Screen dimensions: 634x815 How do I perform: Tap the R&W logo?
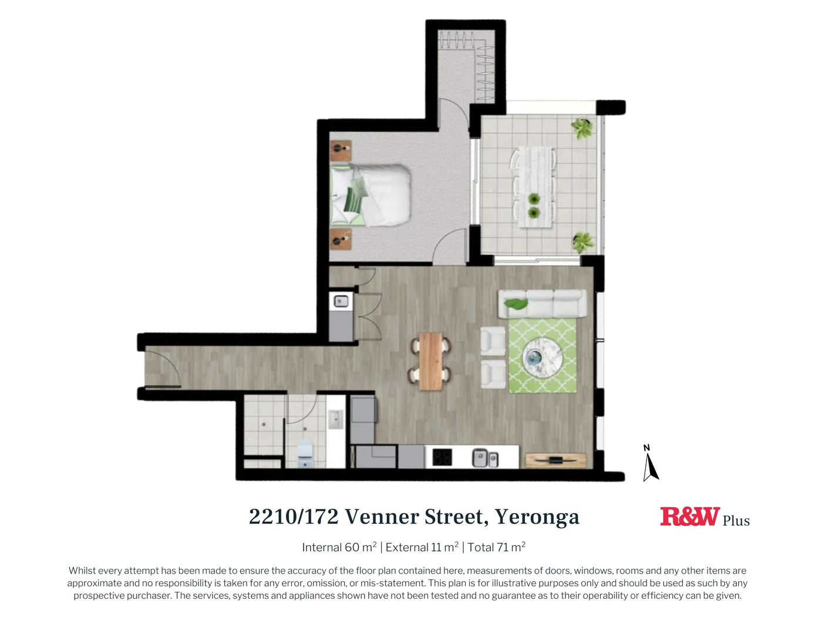pos(689,517)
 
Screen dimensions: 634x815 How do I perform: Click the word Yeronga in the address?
pos(537,517)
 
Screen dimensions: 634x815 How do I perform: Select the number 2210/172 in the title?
pos(294,517)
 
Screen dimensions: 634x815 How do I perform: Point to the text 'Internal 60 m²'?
pos(339,548)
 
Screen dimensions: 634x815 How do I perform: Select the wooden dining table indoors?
pos(431,361)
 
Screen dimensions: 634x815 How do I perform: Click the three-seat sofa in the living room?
pos(542,303)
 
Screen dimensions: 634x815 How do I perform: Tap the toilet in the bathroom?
pos(305,453)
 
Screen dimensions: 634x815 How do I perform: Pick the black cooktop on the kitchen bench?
pos(442,457)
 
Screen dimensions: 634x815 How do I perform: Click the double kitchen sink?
pos(485,457)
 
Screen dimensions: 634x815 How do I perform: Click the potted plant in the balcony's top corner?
pos(582,128)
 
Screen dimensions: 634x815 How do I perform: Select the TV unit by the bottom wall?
pos(555,460)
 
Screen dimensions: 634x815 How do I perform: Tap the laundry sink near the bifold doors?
pos(341,302)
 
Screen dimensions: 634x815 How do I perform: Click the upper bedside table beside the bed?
pos(341,151)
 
